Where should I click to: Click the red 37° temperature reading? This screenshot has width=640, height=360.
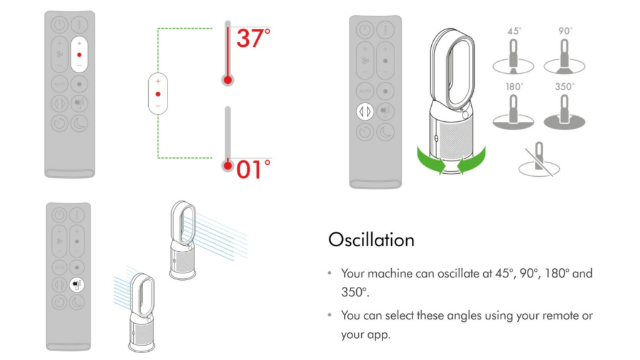253,38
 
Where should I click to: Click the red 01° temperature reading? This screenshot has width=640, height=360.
253,169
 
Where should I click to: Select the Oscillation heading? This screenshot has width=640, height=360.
371,240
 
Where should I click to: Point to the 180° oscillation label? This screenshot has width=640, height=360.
514,87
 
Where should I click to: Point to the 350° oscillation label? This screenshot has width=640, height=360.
564,87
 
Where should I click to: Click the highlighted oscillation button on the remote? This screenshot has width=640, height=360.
364,111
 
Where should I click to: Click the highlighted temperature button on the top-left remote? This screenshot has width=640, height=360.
79,54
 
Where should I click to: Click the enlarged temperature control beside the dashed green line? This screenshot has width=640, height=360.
158,94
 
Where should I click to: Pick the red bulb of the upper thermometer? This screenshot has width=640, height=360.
227,80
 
